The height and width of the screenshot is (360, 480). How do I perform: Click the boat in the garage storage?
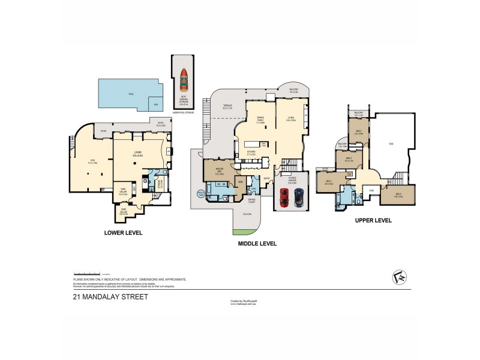(184, 77)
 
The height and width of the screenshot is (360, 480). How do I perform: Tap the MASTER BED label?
(219, 170)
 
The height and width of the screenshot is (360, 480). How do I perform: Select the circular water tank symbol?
(200, 193)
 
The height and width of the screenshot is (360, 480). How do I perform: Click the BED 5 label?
(398, 194)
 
